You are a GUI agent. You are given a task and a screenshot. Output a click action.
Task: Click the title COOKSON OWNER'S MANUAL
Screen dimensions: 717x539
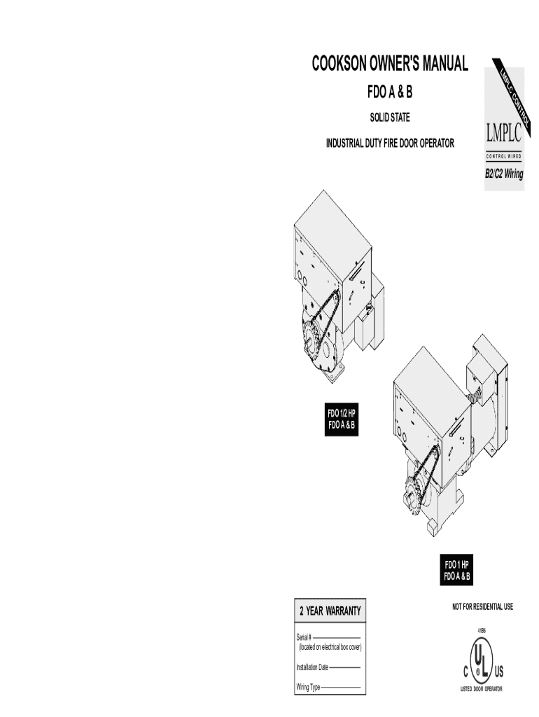point(389,64)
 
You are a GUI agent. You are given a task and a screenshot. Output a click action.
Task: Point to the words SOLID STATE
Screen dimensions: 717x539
point(390,117)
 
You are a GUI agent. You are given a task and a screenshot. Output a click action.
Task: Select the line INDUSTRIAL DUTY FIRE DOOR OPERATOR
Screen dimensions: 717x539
point(390,144)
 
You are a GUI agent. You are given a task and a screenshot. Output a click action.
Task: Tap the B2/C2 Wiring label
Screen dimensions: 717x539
point(504,174)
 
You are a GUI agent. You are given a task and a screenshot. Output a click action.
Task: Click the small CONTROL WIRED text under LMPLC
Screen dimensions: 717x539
point(504,155)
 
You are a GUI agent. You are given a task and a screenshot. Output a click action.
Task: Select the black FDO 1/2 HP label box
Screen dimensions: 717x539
point(341,419)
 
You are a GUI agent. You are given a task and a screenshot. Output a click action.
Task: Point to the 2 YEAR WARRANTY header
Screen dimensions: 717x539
point(330,611)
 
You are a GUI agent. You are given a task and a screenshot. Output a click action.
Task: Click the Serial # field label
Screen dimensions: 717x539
point(304,637)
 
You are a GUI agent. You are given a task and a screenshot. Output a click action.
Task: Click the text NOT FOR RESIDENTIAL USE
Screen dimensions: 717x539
point(482,606)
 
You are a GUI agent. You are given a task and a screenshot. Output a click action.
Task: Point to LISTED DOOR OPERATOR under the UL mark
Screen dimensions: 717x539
point(481,690)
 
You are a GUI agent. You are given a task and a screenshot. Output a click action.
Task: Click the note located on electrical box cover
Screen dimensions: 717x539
point(330,647)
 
